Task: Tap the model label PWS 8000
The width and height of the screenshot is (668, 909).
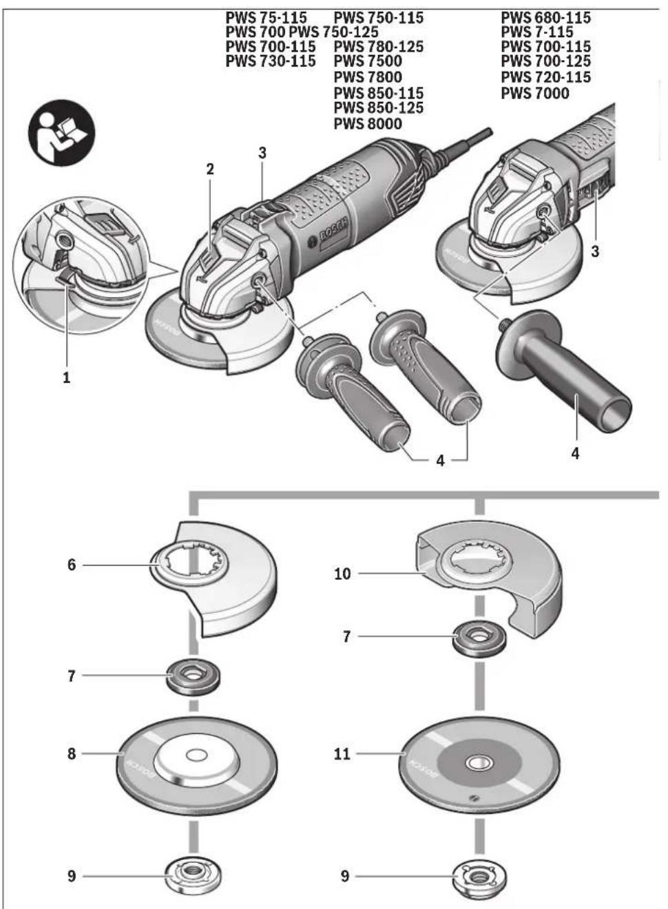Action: coord(368,124)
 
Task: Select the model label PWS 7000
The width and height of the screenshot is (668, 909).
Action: coord(535,94)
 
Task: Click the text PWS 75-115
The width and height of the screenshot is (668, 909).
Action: coord(267,18)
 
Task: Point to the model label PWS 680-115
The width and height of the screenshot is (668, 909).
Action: coord(546,18)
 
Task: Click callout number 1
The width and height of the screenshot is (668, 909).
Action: coord(67,378)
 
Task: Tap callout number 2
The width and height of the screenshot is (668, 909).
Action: coord(210,169)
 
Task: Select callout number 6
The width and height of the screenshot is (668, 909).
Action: coord(72,565)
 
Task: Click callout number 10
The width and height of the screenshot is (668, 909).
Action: coord(342,574)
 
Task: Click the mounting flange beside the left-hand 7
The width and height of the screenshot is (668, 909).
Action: coord(194,676)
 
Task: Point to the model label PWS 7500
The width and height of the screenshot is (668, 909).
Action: coord(368,61)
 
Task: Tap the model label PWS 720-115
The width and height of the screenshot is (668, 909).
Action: coord(546,77)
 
